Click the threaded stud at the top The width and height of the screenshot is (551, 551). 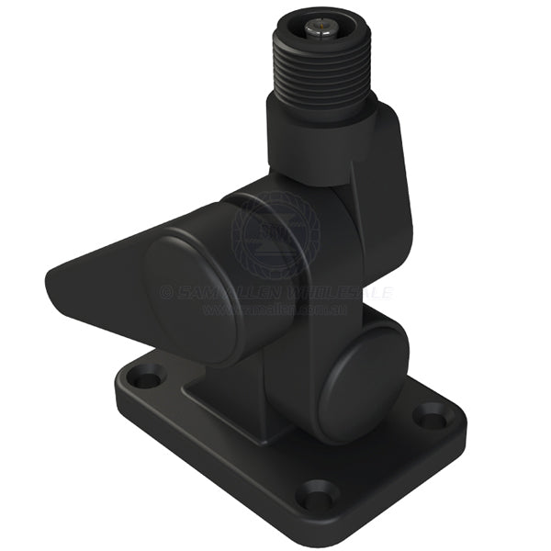[321, 69]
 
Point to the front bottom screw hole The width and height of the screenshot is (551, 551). [317, 497]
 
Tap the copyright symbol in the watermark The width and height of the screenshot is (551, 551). [166, 293]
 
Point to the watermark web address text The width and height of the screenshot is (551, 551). [275, 310]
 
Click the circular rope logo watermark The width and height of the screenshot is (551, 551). [276, 234]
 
